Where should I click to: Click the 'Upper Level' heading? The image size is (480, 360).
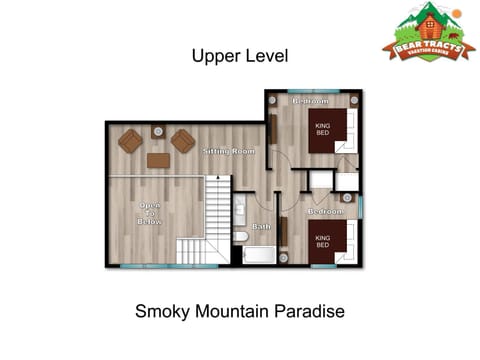pos(240,57)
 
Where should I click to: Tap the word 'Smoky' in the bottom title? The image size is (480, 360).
pos(160,312)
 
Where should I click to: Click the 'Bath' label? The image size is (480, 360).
pos(261,227)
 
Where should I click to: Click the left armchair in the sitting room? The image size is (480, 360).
pos(130,141)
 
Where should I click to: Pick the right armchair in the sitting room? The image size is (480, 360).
pos(183,141)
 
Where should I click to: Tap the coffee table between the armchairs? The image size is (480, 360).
pos(158,160)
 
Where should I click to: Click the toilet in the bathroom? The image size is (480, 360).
pos(241,236)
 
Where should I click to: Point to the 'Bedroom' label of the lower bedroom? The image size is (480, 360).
pos(325,212)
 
